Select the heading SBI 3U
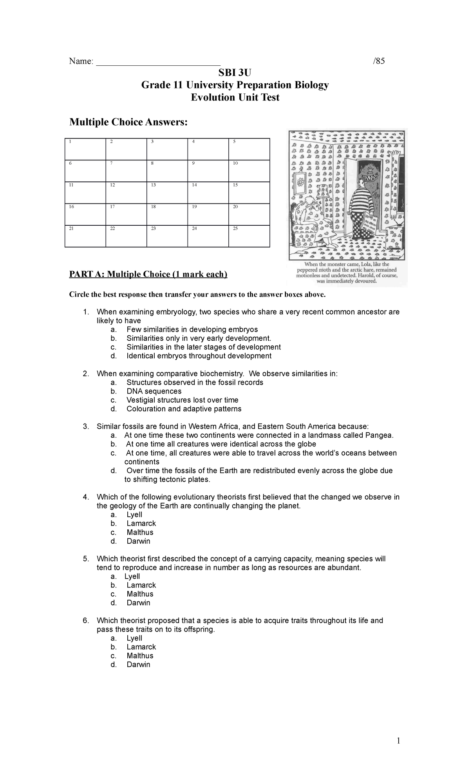[235, 73]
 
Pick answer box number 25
[249, 235]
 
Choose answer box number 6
[85, 171]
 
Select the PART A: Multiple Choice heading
[148, 274]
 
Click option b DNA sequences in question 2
[154, 391]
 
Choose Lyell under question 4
[134, 515]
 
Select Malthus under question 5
[140, 594]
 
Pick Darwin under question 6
[138, 665]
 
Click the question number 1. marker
[86, 312]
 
